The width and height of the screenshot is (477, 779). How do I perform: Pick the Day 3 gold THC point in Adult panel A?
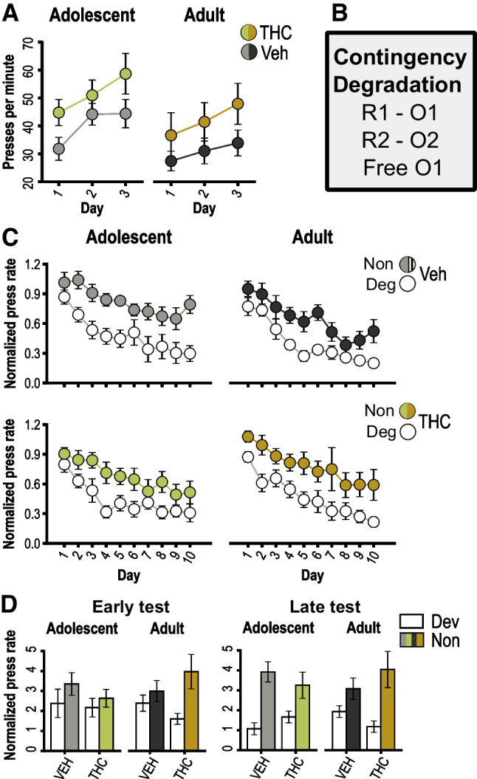(x=238, y=103)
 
